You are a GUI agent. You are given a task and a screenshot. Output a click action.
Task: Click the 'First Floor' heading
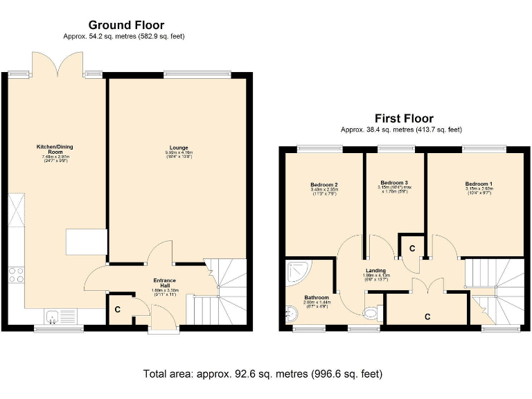(404, 118)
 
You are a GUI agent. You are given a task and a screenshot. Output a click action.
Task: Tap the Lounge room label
(178, 148)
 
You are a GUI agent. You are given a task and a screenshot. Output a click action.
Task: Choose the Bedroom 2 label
(324, 184)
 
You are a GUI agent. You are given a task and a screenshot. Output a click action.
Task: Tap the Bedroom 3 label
(394, 182)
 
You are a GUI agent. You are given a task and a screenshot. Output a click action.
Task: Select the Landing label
(377, 271)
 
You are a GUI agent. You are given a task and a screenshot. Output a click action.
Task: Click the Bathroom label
(317, 299)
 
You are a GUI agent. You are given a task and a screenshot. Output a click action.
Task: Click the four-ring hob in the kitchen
(15, 274)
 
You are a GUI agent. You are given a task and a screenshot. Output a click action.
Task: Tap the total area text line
(263, 374)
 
